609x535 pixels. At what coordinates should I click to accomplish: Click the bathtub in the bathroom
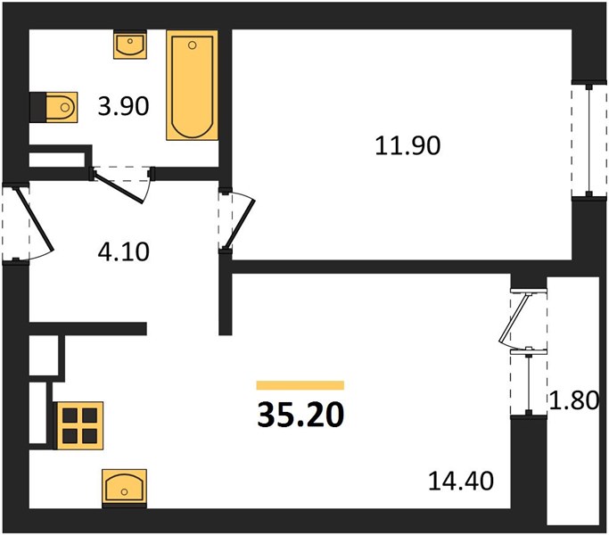coord(192,85)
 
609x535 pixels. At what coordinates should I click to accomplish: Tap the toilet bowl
coord(62,107)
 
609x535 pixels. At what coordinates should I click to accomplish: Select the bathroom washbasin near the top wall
coord(130,45)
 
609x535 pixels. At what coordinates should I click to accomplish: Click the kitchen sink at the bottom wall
coord(124,489)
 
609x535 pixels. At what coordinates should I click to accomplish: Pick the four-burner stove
coord(78,425)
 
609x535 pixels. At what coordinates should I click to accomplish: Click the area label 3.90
coord(123,106)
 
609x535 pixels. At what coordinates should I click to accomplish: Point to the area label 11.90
coord(407,145)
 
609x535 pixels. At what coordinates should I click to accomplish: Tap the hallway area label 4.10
coord(123,251)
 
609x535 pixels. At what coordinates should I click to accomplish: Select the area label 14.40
coord(461,481)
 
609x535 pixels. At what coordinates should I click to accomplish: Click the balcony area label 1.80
coord(573,400)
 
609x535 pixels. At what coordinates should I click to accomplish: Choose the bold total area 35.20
coord(300,415)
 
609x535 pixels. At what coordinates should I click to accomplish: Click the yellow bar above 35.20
coord(300,385)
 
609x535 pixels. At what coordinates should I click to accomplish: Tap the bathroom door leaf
coord(119,188)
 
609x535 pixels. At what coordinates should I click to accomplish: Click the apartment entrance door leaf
coord(34,218)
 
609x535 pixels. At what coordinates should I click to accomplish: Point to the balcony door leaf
coord(514,317)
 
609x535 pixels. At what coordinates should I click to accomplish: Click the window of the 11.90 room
coord(589,140)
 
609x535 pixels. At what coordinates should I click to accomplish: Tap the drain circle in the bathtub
coord(192,45)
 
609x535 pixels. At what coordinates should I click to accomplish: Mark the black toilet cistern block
coord(38,107)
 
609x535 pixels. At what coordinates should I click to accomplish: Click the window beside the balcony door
coord(528,383)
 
